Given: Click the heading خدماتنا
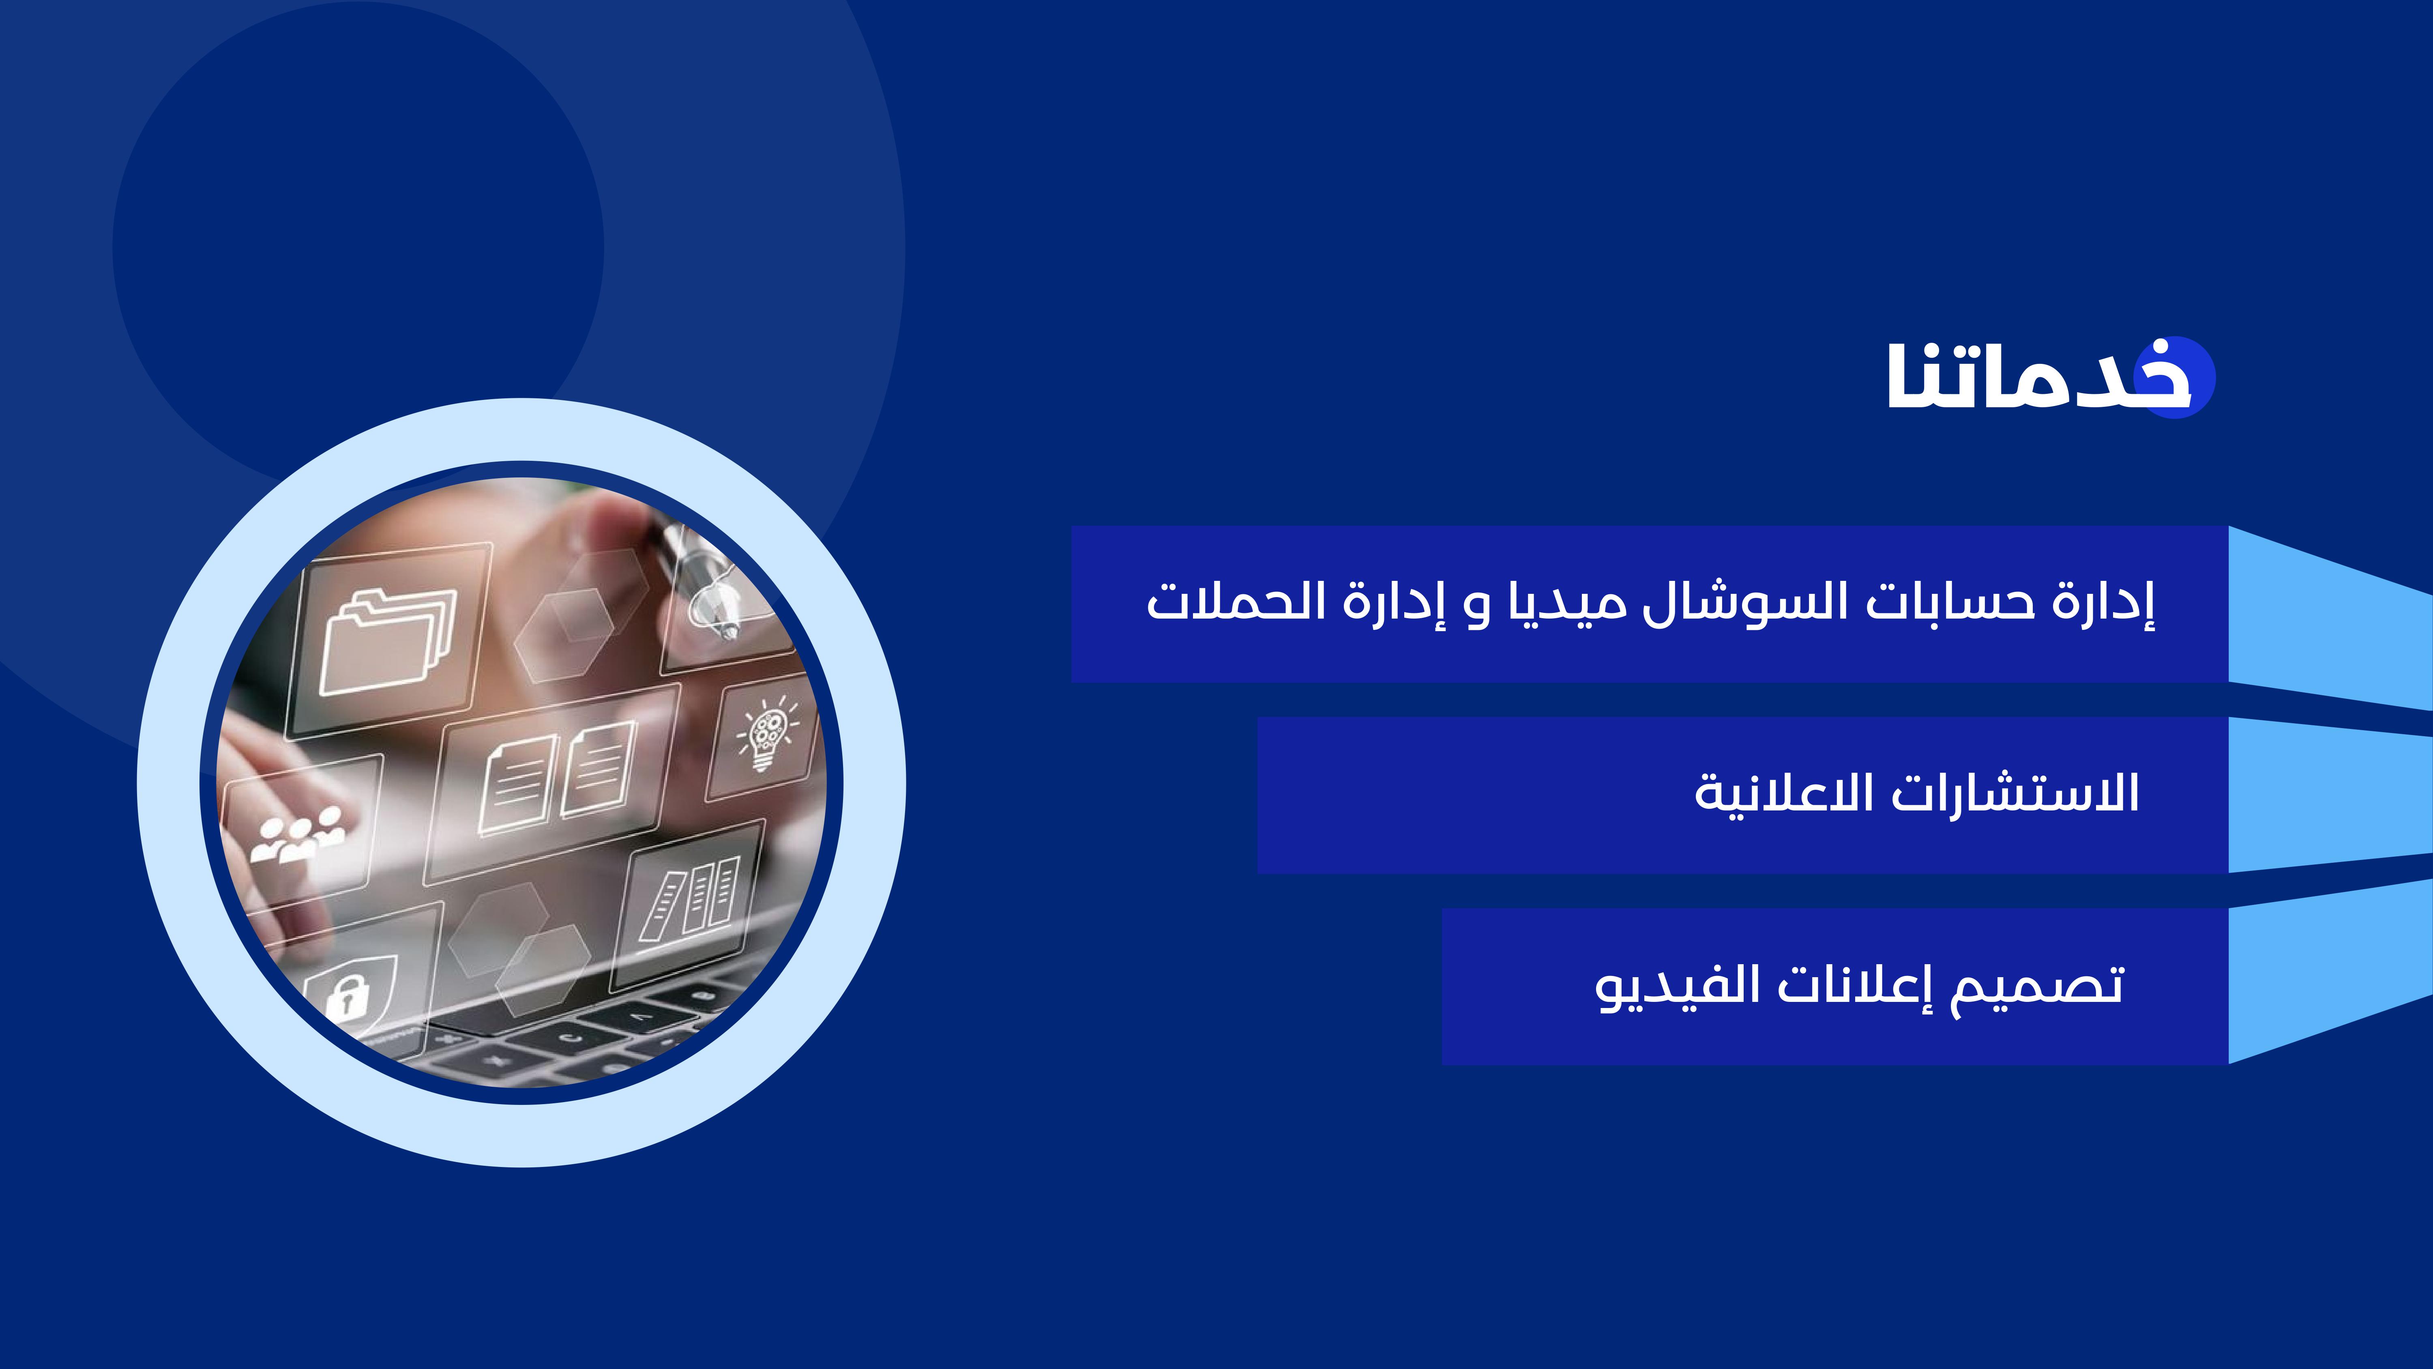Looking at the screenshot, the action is [2040, 376].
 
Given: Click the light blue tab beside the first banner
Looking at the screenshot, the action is [2330, 618].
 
